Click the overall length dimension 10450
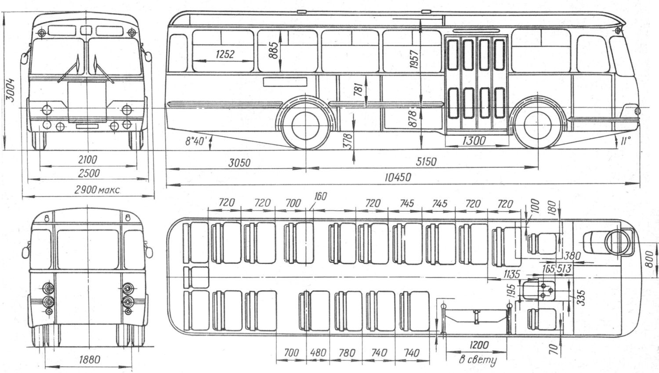click(398, 177)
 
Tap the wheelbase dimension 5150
click(426, 162)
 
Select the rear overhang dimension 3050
click(239, 163)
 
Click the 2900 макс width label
click(98, 190)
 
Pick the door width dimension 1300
click(474, 141)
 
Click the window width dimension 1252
click(225, 54)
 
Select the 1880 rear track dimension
click(90, 359)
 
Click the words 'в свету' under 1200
click(478, 360)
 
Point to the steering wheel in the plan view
click(618, 242)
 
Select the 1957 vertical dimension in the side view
click(414, 59)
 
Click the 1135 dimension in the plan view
click(512, 274)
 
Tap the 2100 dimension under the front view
click(88, 160)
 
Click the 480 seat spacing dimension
click(318, 352)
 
